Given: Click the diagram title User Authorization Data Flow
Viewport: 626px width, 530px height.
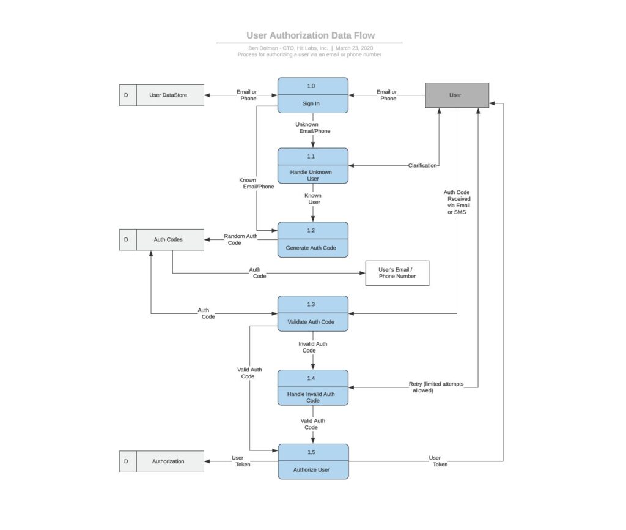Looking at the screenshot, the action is pyautogui.click(x=310, y=35).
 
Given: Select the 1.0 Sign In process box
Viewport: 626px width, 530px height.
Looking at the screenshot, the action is pyautogui.click(x=312, y=95).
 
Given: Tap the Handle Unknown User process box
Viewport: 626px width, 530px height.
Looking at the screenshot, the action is pyautogui.click(x=312, y=166).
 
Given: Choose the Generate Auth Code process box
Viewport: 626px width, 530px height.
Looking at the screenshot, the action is pyautogui.click(x=312, y=240).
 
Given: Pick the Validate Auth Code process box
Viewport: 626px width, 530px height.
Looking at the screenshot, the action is pyautogui.click(x=312, y=314).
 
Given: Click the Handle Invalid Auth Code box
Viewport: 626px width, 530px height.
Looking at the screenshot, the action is pyautogui.click(x=312, y=387).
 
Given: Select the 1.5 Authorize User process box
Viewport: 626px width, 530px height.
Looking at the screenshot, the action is pyautogui.click(x=313, y=461).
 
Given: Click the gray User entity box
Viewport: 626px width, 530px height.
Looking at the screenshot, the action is pyautogui.click(x=457, y=95).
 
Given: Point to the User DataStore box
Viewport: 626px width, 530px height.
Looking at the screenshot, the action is pyautogui.click(x=161, y=95).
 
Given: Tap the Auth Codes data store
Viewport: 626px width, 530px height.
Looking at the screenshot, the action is pyautogui.click(x=161, y=240).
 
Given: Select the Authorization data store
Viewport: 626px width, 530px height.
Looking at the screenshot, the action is pyautogui.click(x=161, y=461).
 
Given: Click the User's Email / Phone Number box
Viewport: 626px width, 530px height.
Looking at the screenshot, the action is pyautogui.click(x=397, y=273).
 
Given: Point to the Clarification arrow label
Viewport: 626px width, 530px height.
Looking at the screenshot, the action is pyautogui.click(x=422, y=165).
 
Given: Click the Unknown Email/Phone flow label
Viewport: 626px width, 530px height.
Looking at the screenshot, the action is pyautogui.click(x=312, y=128).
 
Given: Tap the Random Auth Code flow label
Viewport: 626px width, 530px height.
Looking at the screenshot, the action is pyautogui.click(x=240, y=239).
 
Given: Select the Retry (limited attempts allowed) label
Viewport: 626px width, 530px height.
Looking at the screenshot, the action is pyautogui.click(x=436, y=387).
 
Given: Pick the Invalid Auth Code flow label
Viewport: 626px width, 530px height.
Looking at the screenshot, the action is pyautogui.click(x=312, y=347).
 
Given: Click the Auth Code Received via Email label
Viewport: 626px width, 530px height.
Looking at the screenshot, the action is pyautogui.click(x=457, y=202).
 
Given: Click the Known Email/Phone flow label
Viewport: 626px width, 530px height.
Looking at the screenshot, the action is pyautogui.click(x=256, y=184).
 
